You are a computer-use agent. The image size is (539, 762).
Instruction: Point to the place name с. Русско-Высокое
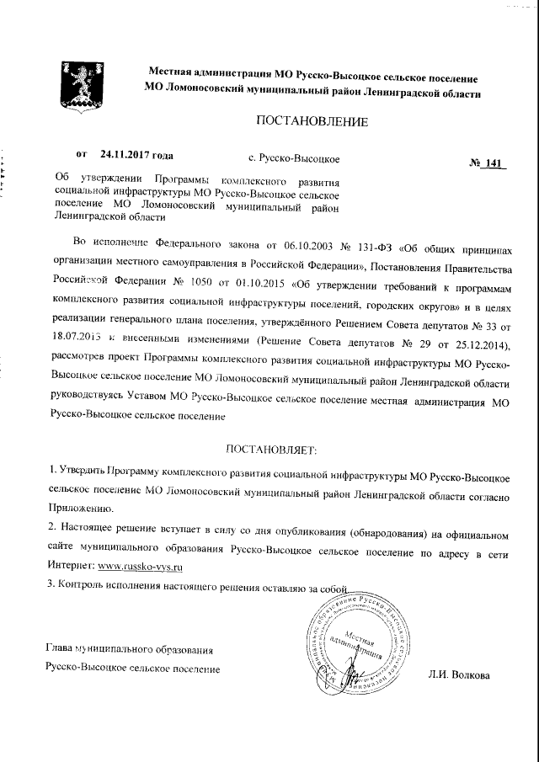295,158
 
